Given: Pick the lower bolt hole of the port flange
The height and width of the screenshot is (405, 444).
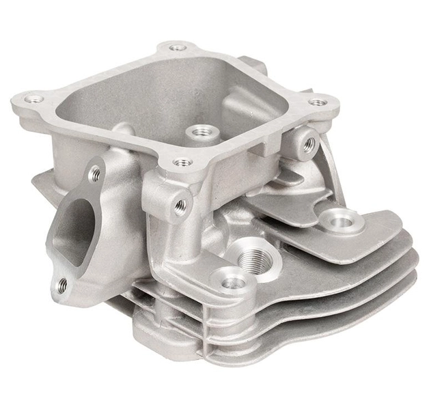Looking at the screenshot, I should coord(62,285).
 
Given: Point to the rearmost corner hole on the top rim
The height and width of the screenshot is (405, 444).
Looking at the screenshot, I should coord(178,48).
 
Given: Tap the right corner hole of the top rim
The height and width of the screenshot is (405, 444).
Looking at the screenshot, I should coord(318,102).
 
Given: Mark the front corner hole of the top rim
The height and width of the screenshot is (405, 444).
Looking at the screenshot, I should coord(181,163).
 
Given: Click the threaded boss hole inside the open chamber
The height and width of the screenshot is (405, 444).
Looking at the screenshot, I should coord(201,131).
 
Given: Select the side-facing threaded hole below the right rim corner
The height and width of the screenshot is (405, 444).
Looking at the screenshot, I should coord(309,144).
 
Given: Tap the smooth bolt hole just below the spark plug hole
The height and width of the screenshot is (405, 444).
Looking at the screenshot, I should coord(232,281).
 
